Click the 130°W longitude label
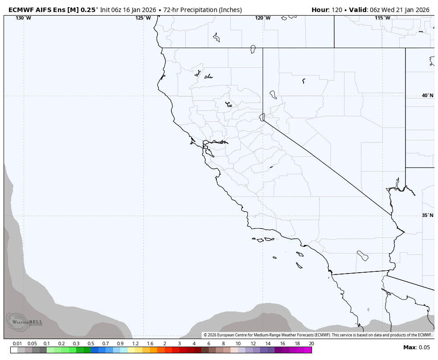[x=23, y=18]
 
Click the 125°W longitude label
[x=143, y=18]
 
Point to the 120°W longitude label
[x=263, y=18]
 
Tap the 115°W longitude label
[x=382, y=18]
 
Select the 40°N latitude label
[x=427, y=95]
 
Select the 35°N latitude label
[x=427, y=215]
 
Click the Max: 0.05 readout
[x=417, y=348]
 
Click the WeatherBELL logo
[x=24, y=322]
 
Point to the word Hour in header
[x=320, y=10]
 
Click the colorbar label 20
[x=311, y=344]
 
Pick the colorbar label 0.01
[x=17, y=344]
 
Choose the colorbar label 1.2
[x=135, y=344]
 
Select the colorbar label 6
[x=208, y=344]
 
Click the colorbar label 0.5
[x=91, y=344]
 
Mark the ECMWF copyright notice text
[x=317, y=335]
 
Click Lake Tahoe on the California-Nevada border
[x=262, y=117]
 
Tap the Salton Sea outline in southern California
[x=362, y=256]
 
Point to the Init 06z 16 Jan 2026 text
[x=128, y=10]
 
